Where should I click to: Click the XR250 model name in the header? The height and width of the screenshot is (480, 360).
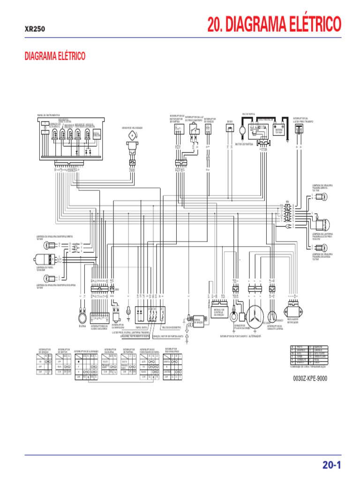click(x=35, y=29)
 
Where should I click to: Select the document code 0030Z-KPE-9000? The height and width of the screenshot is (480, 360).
click(x=310, y=378)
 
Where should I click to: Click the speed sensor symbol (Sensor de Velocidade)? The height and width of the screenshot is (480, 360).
click(x=132, y=136)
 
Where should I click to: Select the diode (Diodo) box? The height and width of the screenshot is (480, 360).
click(x=230, y=129)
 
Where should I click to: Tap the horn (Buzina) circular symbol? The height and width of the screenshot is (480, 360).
click(x=82, y=319)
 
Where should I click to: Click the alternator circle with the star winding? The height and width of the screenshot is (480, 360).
click(x=256, y=315)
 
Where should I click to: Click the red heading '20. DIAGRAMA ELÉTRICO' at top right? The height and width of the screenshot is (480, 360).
click(x=274, y=24)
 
